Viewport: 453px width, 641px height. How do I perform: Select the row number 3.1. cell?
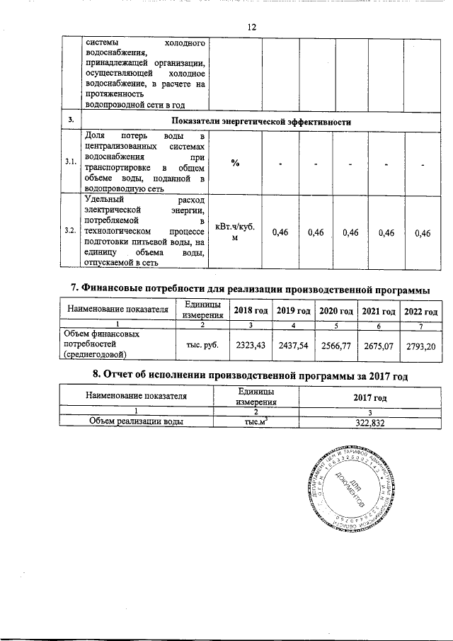click(70, 162)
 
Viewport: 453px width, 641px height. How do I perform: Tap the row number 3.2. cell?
click(70, 231)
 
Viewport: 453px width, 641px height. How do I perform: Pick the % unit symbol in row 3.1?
click(234, 163)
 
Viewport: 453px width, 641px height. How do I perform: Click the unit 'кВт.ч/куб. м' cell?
click(234, 232)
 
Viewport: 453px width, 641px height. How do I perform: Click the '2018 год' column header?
click(251, 312)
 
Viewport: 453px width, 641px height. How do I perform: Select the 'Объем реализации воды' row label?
click(137, 421)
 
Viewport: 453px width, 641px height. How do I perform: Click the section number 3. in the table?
click(70, 121)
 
